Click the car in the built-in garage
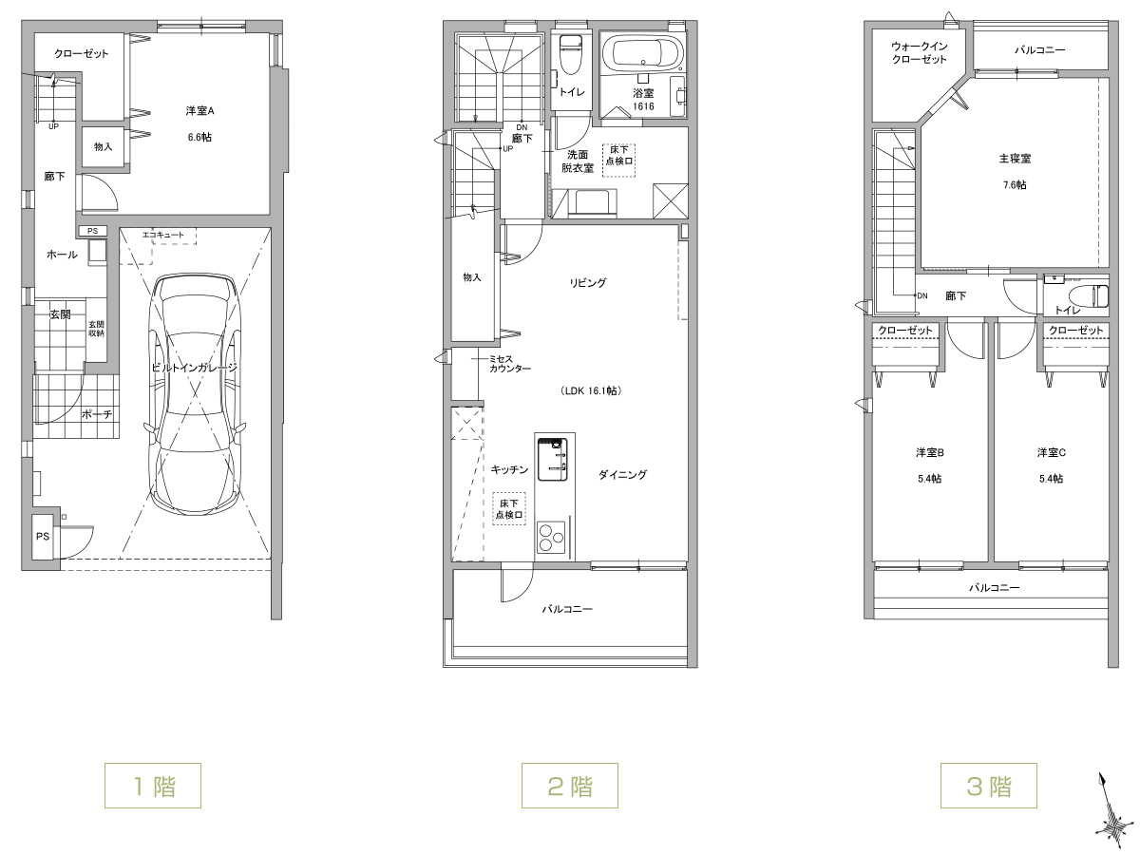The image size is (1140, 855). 196,394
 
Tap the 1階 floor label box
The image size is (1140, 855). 153,786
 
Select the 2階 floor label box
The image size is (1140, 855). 570,786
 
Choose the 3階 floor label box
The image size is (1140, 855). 988,786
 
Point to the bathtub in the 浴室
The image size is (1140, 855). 643,53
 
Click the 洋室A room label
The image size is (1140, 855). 199,110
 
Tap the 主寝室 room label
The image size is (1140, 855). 1015,159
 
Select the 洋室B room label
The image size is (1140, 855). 930,453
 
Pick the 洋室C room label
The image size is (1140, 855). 1052,453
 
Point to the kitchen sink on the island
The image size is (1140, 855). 552,460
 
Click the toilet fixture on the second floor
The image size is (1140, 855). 571,54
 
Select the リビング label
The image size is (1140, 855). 587,283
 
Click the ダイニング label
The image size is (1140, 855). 622,474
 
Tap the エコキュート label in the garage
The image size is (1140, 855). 163,235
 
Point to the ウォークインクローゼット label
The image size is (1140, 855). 920,53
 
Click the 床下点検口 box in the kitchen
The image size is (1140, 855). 509,509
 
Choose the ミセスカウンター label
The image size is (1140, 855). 510,364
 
